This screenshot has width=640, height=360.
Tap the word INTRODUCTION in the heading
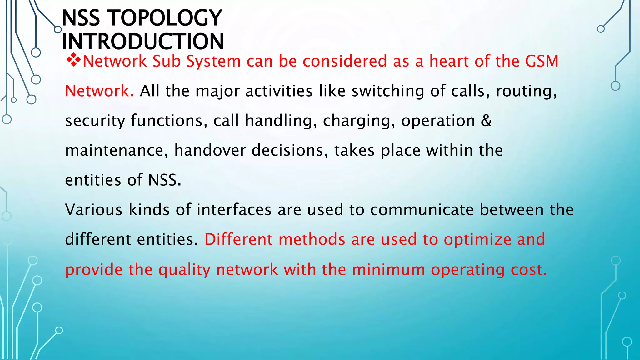[143, 42]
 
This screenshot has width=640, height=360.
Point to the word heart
[449, 61]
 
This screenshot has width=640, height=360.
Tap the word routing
[526, 91]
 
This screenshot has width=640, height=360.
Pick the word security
[95, 121]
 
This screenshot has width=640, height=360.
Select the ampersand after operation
[486, 121]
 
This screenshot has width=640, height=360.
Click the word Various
[94, 210]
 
